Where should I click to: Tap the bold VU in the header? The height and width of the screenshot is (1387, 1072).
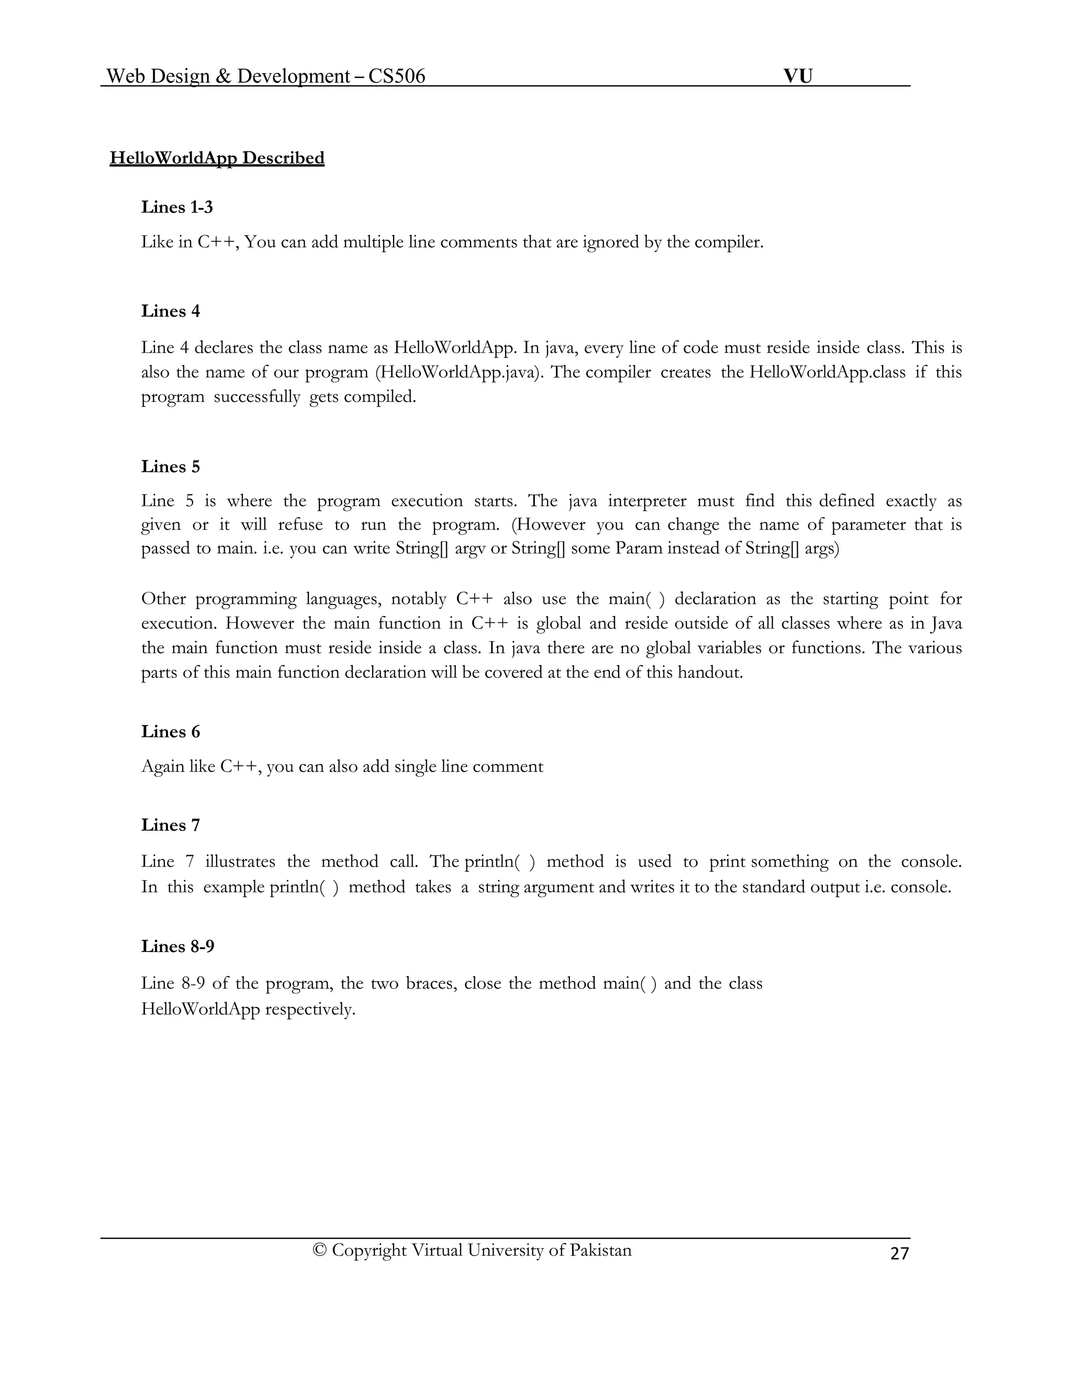[798, 76]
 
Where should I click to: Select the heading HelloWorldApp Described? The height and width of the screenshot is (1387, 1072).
[217, 158]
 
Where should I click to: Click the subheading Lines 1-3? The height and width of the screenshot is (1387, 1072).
[177, 207]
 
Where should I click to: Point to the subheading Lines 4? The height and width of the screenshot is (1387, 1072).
[170, 311]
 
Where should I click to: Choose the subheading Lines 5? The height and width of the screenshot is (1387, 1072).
[170, 467]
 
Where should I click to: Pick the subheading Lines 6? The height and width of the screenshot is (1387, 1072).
[170, 732]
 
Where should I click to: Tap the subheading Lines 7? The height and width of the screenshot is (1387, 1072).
[170, 825]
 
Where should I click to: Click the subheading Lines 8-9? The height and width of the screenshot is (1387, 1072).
[178, 946]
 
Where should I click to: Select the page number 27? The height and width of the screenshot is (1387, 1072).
[899, 1253]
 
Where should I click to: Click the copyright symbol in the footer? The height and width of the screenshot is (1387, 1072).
[319, 1250]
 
